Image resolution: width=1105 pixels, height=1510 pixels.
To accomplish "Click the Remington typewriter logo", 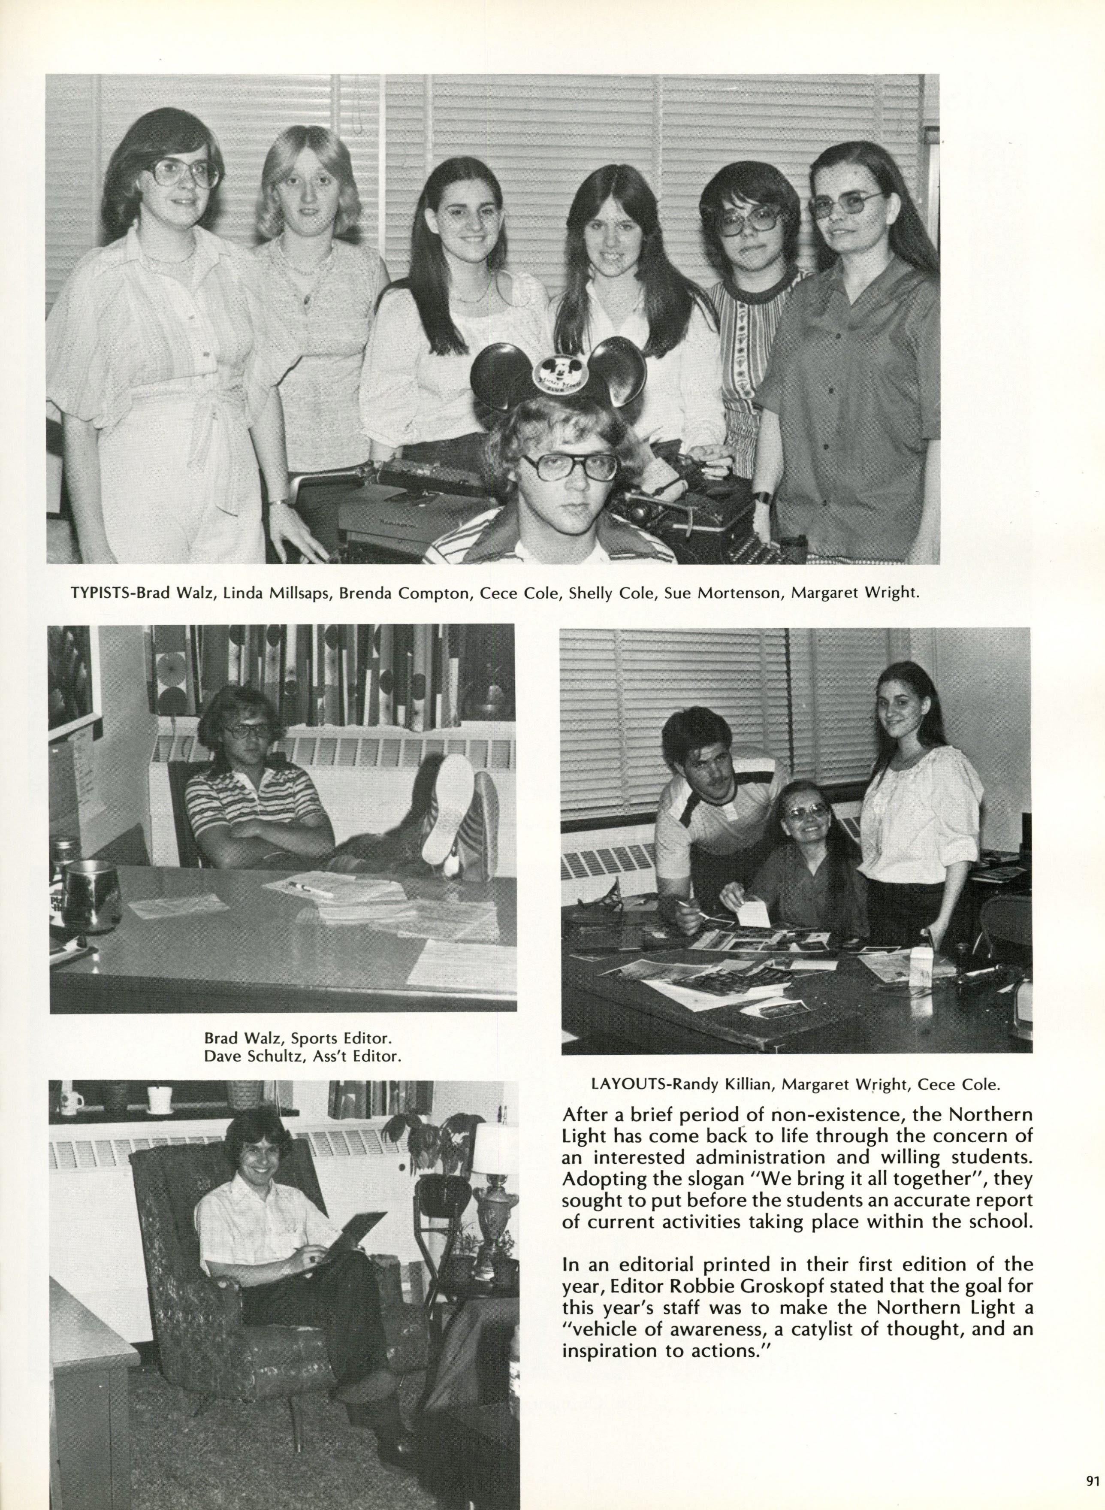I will (396, 526).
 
